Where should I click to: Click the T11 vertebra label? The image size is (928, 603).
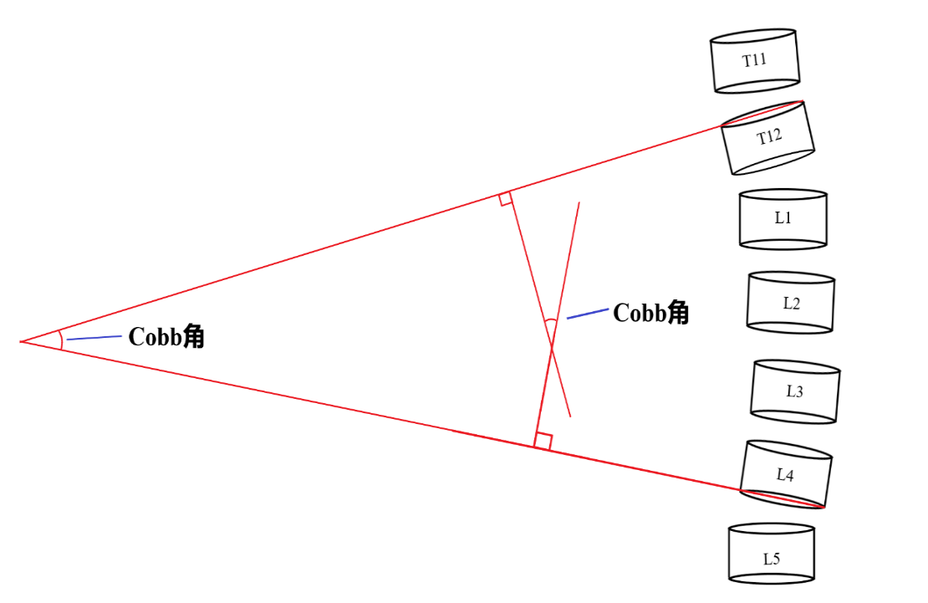pos(754,60)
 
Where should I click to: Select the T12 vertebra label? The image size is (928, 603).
pos(769,137)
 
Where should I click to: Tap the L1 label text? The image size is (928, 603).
pos(783,218)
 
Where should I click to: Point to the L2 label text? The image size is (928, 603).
pos(791,304)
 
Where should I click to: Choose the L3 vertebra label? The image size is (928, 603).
pos(794,391)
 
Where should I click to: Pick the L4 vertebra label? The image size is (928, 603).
pos(785,474)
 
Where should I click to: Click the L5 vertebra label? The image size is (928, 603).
pos(771,559)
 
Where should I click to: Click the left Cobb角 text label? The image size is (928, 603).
pos(166,336)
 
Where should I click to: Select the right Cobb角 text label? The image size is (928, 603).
pos(651,312)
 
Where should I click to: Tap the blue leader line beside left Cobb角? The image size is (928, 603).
pos(94,338)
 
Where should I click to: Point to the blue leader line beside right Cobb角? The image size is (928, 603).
pos(588,314)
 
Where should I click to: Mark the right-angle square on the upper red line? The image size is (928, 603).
pos(506,199)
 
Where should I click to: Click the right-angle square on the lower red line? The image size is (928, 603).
pos(543,441)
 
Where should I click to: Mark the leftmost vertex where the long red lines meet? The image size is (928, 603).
pos(21,342)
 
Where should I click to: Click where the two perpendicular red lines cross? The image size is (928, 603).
pos(552,348)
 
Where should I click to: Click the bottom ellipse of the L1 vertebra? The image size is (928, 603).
pos(783,244)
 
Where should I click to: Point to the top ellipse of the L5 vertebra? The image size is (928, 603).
pos(771,529)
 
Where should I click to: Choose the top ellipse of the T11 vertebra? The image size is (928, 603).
pos(752,35)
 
